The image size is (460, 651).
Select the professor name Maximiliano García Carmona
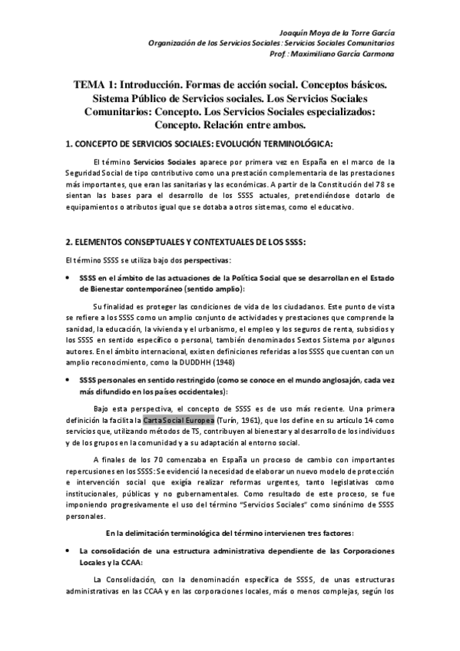click(x=356, y=55)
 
